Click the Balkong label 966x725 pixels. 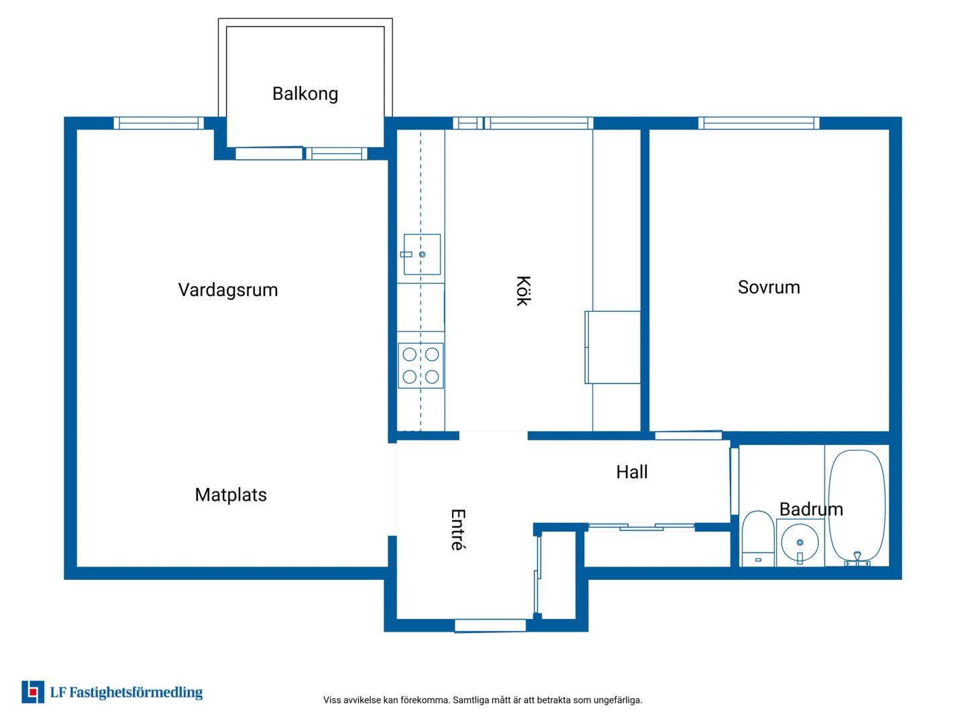pyautogui.click(x=305, y=94)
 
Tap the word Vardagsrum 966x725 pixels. pyautogui.click(x=227, y=289)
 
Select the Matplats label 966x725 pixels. pyautogui.click(x=230, y=494)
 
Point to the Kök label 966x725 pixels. pyautogui.click(x=523, y=291)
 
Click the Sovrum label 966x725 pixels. pyautogui.click(x=768, y=287)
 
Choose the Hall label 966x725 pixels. pyautogui.click(x=631, y=471)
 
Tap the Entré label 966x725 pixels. pyautogui.click(x=458, y=529)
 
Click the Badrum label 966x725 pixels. pyautogui.click(x=810, y=509)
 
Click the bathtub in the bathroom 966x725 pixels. pyautogui.click(x=856, y=507)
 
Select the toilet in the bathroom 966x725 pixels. pyautogui.click(x=757, y=538)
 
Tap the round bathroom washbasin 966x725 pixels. pyautogui.click(x=799, y=542)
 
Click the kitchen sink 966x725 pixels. pyautogui.click(x=421, y=254)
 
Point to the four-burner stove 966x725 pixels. pyautogui.click(x=421, y=365)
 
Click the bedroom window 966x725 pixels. pyautogui.click(x=758, y=123)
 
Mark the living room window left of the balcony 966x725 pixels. pyautogui.click(x=158, y=123)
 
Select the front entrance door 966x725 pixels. pyautogui.click(x=490, y=626)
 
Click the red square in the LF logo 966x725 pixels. pyautogui.click(x=33, y=692)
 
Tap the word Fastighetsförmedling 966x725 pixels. pyautogui.click(x=136, y=692)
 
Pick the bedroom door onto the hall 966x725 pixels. pyautogui.click(x=688, y=436)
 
